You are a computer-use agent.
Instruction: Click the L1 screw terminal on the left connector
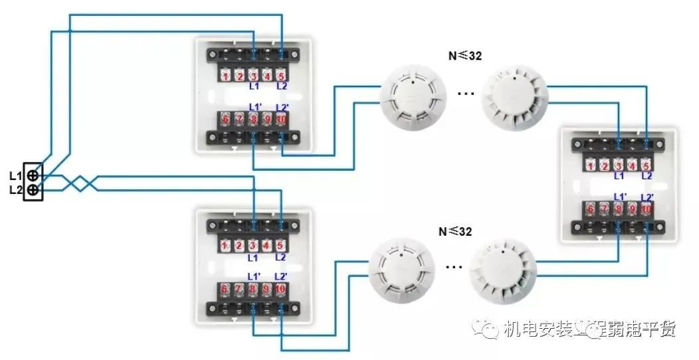tap(33, 176)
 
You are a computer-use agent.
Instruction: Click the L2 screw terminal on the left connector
tap(33, 191)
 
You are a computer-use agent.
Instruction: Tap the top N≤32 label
tap(464, 56)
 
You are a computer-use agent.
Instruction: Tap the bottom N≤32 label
tap(455, 232)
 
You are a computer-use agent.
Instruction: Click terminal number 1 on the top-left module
tap(226, 76)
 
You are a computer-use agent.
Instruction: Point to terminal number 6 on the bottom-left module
tap(225, 290)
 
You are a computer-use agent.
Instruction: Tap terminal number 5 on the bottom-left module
tap(280, 246)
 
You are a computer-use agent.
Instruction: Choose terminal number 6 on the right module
tap(591, 209)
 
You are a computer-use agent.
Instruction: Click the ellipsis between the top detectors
tap(466, 94)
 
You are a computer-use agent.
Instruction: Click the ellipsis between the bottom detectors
tap(454, 268)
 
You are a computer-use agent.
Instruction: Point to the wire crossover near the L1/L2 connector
tap(81, 183)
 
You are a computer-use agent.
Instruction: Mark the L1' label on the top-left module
tap(255, 107)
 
